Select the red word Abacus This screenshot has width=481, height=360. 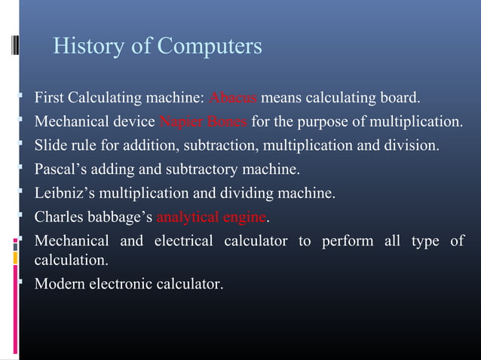click(x=234, y=98)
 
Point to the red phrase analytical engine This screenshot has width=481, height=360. click(x=212, y=218)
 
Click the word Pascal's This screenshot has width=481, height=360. click(x=63, y=169)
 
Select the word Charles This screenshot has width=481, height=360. click(x=60, y=218)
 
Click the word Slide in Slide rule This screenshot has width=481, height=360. click(x=51, y=145)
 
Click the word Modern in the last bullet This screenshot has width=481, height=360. click(x=60, y=284)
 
